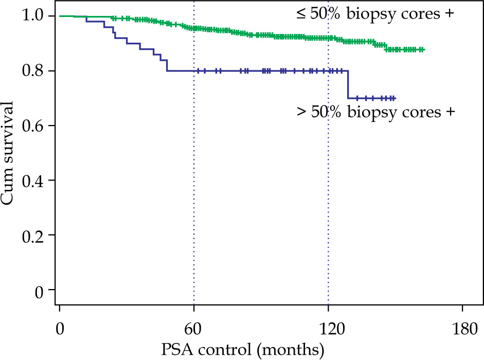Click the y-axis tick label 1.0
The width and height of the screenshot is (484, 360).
(32, 16)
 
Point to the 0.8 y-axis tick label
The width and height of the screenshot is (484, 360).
(32, 70)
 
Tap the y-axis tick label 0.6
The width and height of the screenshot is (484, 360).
(32, 125)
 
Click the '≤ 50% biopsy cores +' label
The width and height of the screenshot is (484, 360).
(375, 14)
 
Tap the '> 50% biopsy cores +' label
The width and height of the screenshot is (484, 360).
(376, 112)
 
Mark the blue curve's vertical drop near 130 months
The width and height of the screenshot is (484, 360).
(348, 84)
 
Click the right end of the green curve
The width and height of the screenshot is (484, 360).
(423, 49)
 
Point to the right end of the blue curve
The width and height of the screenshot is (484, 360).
(395, 98)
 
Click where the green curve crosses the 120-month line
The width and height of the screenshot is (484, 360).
(328, 38)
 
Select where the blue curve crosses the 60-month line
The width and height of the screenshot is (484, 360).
(194, 70)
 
